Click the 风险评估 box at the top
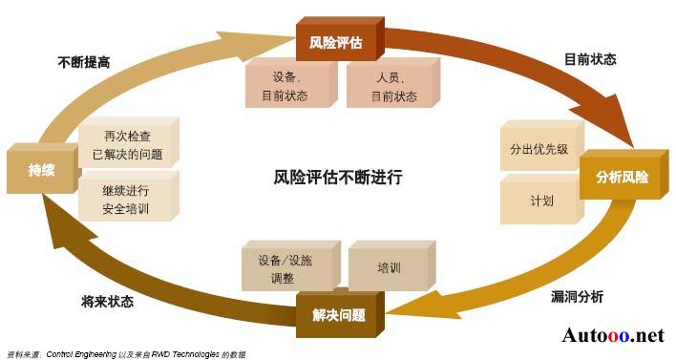pos(335,41)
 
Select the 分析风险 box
pos(621,178)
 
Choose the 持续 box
pos(40,170)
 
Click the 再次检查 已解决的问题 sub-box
pos(126,144)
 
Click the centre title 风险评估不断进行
pos(338,177)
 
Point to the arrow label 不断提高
pos(83,61)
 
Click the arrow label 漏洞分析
pos(578,297)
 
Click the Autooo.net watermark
pos(612,335)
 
